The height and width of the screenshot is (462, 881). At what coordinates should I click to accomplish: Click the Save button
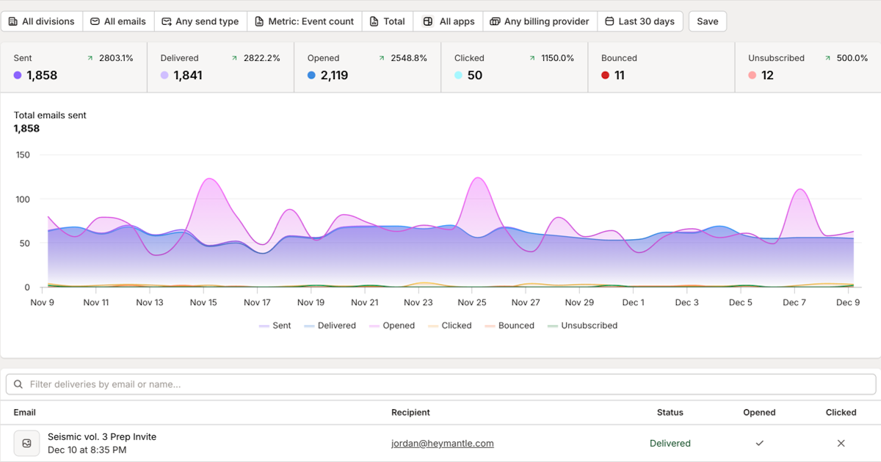coord(707,21)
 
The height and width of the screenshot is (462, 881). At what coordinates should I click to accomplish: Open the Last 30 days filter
coord(639,21)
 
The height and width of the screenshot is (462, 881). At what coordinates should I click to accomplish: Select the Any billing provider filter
coord(540,21)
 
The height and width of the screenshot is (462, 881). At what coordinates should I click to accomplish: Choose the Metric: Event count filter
coord(304,21)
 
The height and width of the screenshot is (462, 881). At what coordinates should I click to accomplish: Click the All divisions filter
coord(41,21)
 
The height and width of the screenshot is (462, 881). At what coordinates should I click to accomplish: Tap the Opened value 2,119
coord(334,75)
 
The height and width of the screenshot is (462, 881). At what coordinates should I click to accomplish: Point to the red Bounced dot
coord(605,75)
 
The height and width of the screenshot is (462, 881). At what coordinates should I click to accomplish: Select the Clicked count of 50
coord(475,75)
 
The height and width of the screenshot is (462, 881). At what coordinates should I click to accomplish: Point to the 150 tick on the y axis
coord(23,155)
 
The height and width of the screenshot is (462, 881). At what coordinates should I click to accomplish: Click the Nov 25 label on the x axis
coord(472,302)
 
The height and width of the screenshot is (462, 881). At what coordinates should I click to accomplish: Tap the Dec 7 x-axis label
coord(794,302)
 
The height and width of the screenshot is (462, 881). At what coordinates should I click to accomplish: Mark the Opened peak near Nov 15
coord(210,179)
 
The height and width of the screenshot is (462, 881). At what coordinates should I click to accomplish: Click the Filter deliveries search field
coord(440,384)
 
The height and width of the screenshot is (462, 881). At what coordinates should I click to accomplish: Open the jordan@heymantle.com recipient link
coord(443,443)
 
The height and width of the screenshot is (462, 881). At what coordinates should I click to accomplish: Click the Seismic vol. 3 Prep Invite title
coord(102,436)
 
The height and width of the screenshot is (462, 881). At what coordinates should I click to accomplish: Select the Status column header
coord(670,412)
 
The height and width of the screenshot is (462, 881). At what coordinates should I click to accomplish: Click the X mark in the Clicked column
coord(841,443)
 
